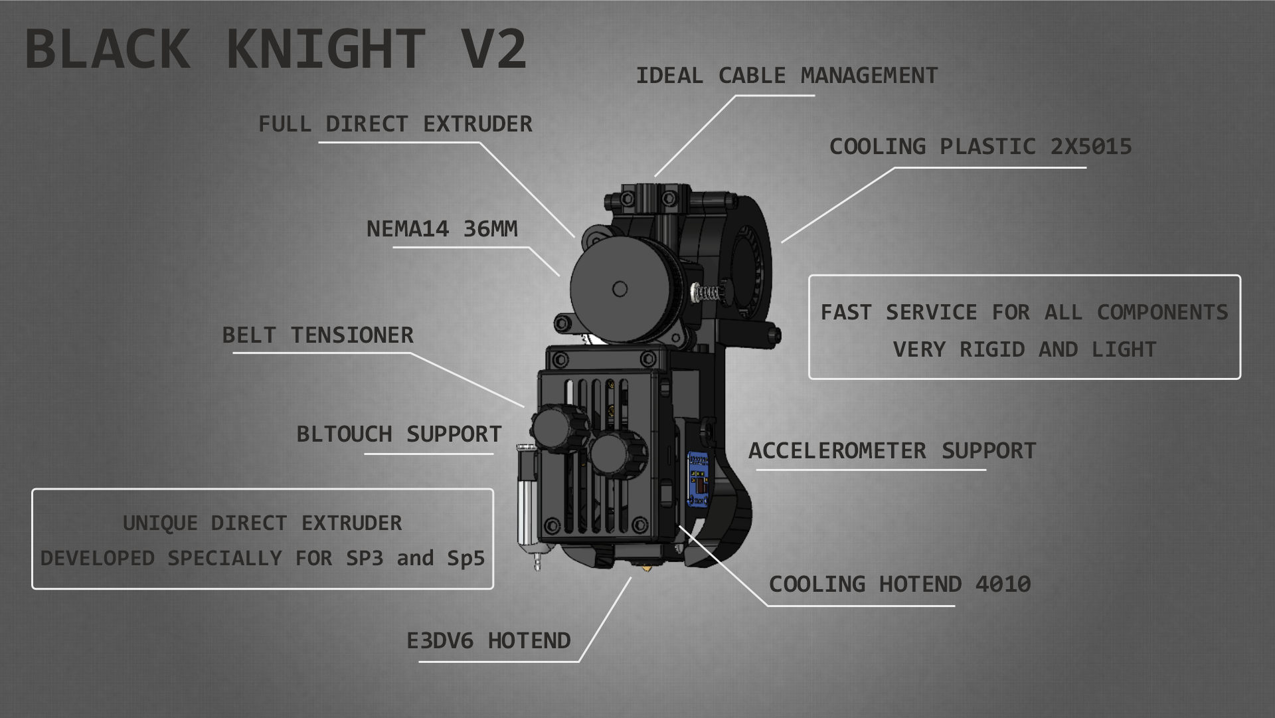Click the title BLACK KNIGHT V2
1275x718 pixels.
click(x=276, y=48)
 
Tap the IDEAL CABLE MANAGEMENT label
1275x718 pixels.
click(x=787, y=76)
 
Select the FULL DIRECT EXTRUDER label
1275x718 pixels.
click(x=395, y=124)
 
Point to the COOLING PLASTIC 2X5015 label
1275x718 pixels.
click(x=980, y=147)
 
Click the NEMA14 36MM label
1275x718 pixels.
click(x=442, y=229)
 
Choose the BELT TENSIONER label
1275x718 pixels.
click(x=317, y=335)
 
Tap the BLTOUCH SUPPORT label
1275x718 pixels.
click(x=399, y=434)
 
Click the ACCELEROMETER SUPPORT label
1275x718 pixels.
click(x=892, y=451)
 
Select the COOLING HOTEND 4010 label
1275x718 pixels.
click(x=900, y=584)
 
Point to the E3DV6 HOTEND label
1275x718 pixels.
click(x=489, y=641)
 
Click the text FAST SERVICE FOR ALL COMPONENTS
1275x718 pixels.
click(x=1025, y=312)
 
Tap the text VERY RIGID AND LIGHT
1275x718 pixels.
click(x=1025, y=349)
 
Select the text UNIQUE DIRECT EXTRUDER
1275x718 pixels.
click(x=262, y=523)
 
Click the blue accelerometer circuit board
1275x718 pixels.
click(x=699, y=477)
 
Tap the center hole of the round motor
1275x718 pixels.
click(x=620, y=289)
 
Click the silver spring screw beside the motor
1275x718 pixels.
click(x=707, y=292)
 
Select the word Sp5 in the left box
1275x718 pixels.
click(x=466, y=559)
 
